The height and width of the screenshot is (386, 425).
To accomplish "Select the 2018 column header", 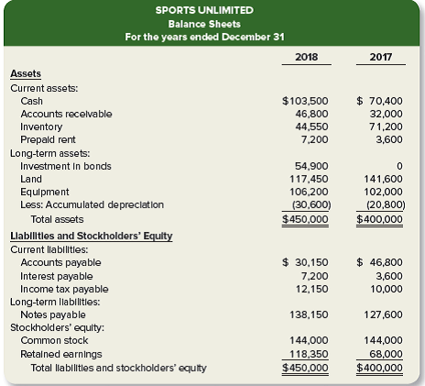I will point(308,56).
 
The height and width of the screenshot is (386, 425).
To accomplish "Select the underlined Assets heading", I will point(25,74).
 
